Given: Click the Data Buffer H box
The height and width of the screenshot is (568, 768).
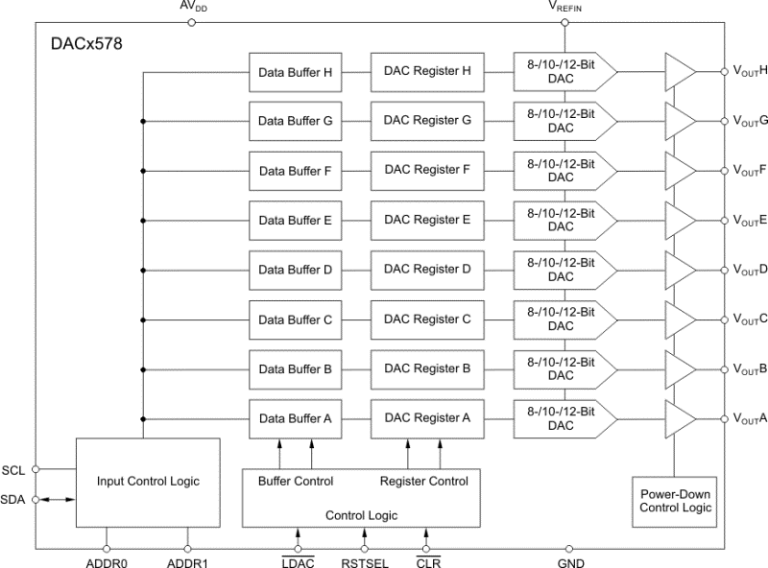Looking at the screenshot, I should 296,72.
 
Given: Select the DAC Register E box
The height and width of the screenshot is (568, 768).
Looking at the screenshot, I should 427,221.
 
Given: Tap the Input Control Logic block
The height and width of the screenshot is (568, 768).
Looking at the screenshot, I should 148,482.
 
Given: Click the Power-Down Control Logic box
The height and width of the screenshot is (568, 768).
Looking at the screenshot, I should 676,501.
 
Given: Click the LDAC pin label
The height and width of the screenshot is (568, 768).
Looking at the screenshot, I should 298,562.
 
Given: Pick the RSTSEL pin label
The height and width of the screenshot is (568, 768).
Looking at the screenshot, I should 365,562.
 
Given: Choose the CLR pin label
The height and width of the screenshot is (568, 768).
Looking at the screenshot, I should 428,562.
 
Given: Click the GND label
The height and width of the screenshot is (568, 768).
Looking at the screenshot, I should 570,562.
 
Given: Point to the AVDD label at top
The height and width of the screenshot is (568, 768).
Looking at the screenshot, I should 192,7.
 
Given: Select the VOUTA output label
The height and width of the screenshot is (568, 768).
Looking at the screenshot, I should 750,418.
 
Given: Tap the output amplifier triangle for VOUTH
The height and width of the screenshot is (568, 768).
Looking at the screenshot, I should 681,71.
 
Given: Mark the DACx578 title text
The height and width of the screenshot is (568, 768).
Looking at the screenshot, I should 86,44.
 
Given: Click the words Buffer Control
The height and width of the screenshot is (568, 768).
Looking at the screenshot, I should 296,481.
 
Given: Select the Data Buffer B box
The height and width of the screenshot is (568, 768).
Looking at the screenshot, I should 296,368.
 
